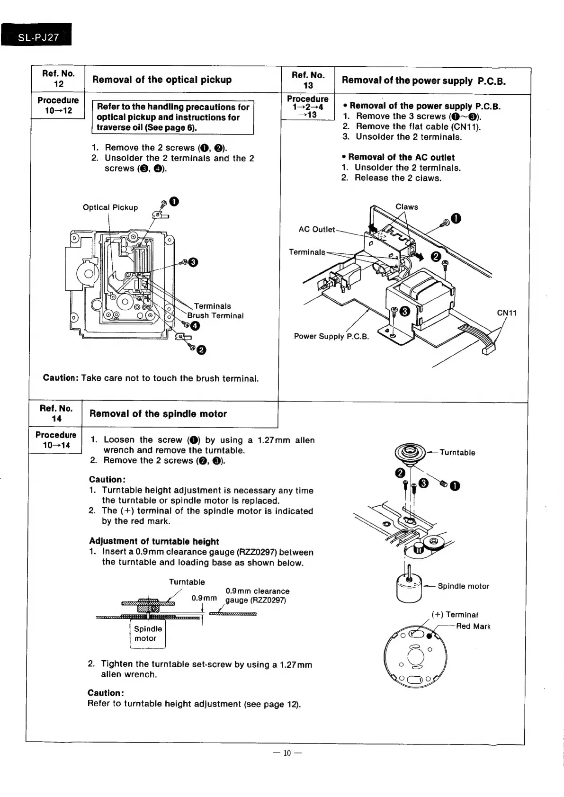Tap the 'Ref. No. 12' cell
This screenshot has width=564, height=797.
click(58, 79)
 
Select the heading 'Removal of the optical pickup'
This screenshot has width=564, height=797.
click(162, 80)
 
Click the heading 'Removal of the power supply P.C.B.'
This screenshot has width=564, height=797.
click(424, 81)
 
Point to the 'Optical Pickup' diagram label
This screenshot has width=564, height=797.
click(110, 207)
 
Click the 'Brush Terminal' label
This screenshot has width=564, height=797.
click(215, 316)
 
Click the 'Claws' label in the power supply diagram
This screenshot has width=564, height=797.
click(407, 207)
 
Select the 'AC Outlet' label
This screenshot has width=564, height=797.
click(316, 229)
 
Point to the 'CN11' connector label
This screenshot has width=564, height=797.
click(506, 313)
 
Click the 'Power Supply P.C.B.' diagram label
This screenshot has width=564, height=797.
click(331, 336)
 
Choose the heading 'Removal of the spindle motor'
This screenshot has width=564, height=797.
click(158, 414)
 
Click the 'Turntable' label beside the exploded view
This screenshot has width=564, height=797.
click(457, 452)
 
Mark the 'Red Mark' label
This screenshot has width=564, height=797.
click(473, 627)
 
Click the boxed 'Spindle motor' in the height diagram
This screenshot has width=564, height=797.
click(148, 634)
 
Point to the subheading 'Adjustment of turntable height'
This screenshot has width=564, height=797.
click(154, 541)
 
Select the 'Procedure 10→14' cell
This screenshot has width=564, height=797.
click(56, 440)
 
